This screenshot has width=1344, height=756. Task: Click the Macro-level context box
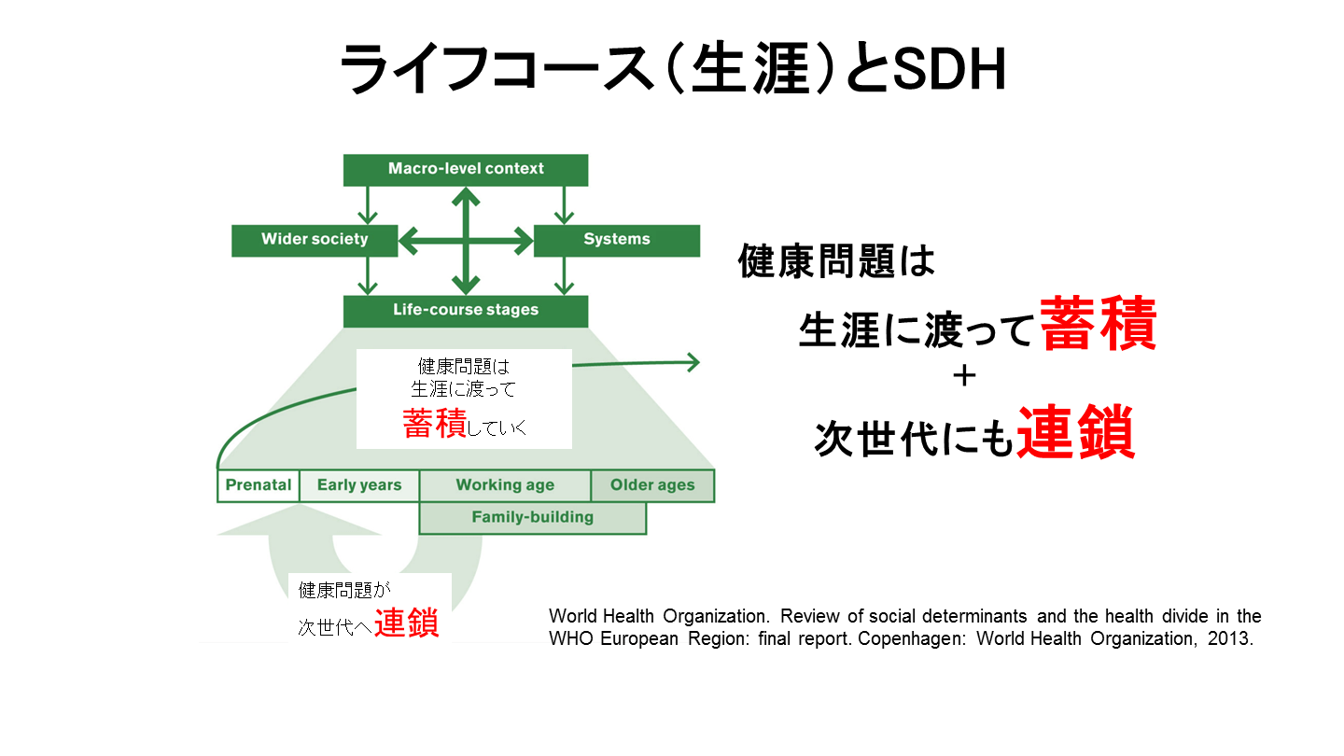point(466,169)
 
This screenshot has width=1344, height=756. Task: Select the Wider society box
point(315,240)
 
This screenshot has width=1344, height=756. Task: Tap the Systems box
point(616,240)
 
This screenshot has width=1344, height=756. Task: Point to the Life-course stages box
point(466,311)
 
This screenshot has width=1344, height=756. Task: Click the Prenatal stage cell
point(259,485)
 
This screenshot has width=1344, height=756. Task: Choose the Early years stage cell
point(359,485)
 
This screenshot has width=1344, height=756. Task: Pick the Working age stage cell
point(505,485)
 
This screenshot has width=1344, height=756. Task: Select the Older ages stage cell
point(652,485)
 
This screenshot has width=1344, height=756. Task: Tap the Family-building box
point(532,517)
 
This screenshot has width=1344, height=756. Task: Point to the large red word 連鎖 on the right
point(1076,431)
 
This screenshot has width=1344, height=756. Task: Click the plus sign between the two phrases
point(964,376)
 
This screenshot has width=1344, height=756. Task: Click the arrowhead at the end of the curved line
point(693,362)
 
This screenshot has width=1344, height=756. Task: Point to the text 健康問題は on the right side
point(836,261)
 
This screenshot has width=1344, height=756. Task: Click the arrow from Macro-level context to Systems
point(563,203)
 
